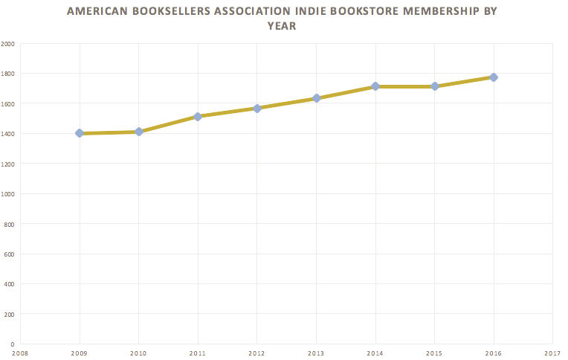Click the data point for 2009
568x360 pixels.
click(x=79, y=133)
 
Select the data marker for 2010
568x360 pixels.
click(x=138, y=132)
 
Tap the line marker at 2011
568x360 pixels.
click(x=198, y=116)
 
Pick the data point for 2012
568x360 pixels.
click(x=256, y=108)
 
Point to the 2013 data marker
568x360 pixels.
click(x=316, y=98)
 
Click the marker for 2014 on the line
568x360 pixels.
click(x=375, y=86)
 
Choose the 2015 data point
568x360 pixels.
click(x=434, y=86)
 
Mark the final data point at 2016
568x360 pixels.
click(x=494, y=77)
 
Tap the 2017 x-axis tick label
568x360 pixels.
click(x=552, y=353)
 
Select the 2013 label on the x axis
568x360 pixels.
click(x=316, y=353)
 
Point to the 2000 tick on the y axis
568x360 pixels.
click(x=8, y=43)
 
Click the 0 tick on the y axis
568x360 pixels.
click(x=13, y=344)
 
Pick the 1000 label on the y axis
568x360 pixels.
click(x=8, y=193)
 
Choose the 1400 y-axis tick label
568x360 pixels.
click(x=8, y=133)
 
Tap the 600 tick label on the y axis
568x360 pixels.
click(x=10, y=254)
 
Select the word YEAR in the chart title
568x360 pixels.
click(x=283, y=26)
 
